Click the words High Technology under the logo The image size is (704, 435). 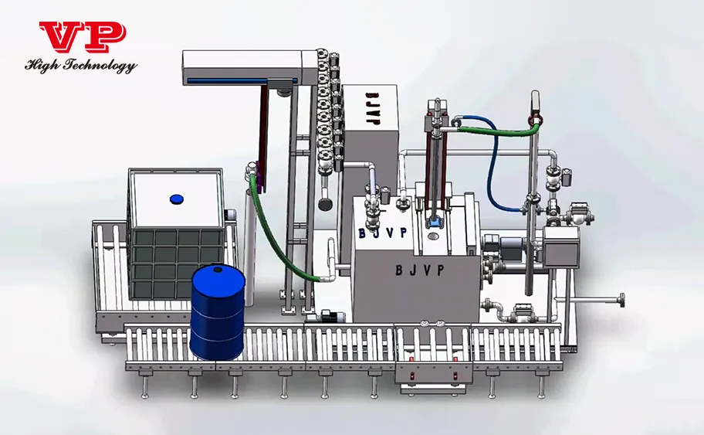pos(81,66)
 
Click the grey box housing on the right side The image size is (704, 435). pos(563,246)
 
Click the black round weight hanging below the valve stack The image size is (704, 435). pos(325,204)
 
